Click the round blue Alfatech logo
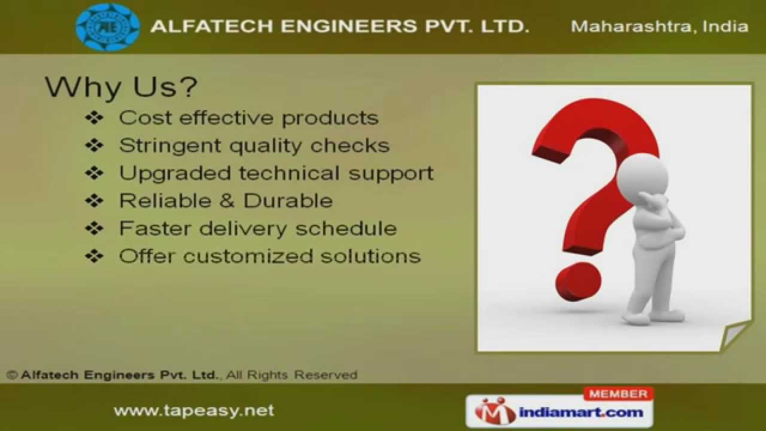pos(108,27)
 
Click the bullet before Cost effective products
pos(95,118)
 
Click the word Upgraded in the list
pos(175,174)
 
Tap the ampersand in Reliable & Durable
pos(227,201)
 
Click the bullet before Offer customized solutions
pos(95,256)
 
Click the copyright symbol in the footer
pos(12,375)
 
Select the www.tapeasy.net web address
pos(194,411)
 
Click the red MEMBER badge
pos(618,394)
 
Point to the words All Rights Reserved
pos(292,375)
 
